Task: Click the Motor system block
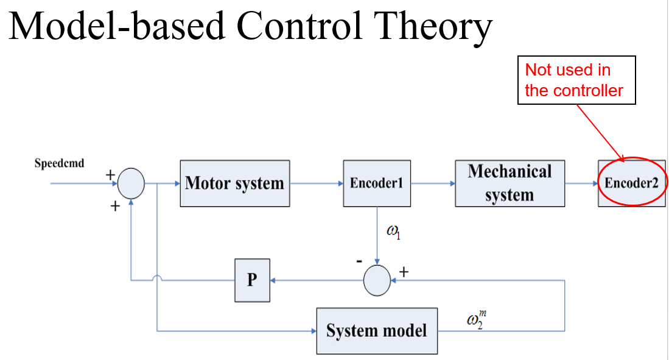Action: click(234, 183)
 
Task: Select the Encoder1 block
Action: click(377, 183)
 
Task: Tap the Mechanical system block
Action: click(510, 183)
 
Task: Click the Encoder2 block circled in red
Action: click(631, 183)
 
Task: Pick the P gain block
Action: click(252, 280)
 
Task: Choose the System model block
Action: click(377, 331)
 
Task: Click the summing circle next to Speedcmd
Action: click(131, 183)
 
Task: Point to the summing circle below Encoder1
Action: click(377, 281)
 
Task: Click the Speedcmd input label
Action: click(59, 163)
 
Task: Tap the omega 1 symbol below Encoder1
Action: click(393, 232)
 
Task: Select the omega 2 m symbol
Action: click(476, 319)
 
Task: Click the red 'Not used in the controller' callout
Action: click(576, 80)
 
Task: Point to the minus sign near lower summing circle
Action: click(359, 261)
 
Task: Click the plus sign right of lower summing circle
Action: click(404, 272)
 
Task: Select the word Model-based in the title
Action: click(116, 26)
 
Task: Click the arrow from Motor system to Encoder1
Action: click(317, 183)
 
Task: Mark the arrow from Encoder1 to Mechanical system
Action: click(433, 183)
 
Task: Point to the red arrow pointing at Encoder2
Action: click(601, 133)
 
